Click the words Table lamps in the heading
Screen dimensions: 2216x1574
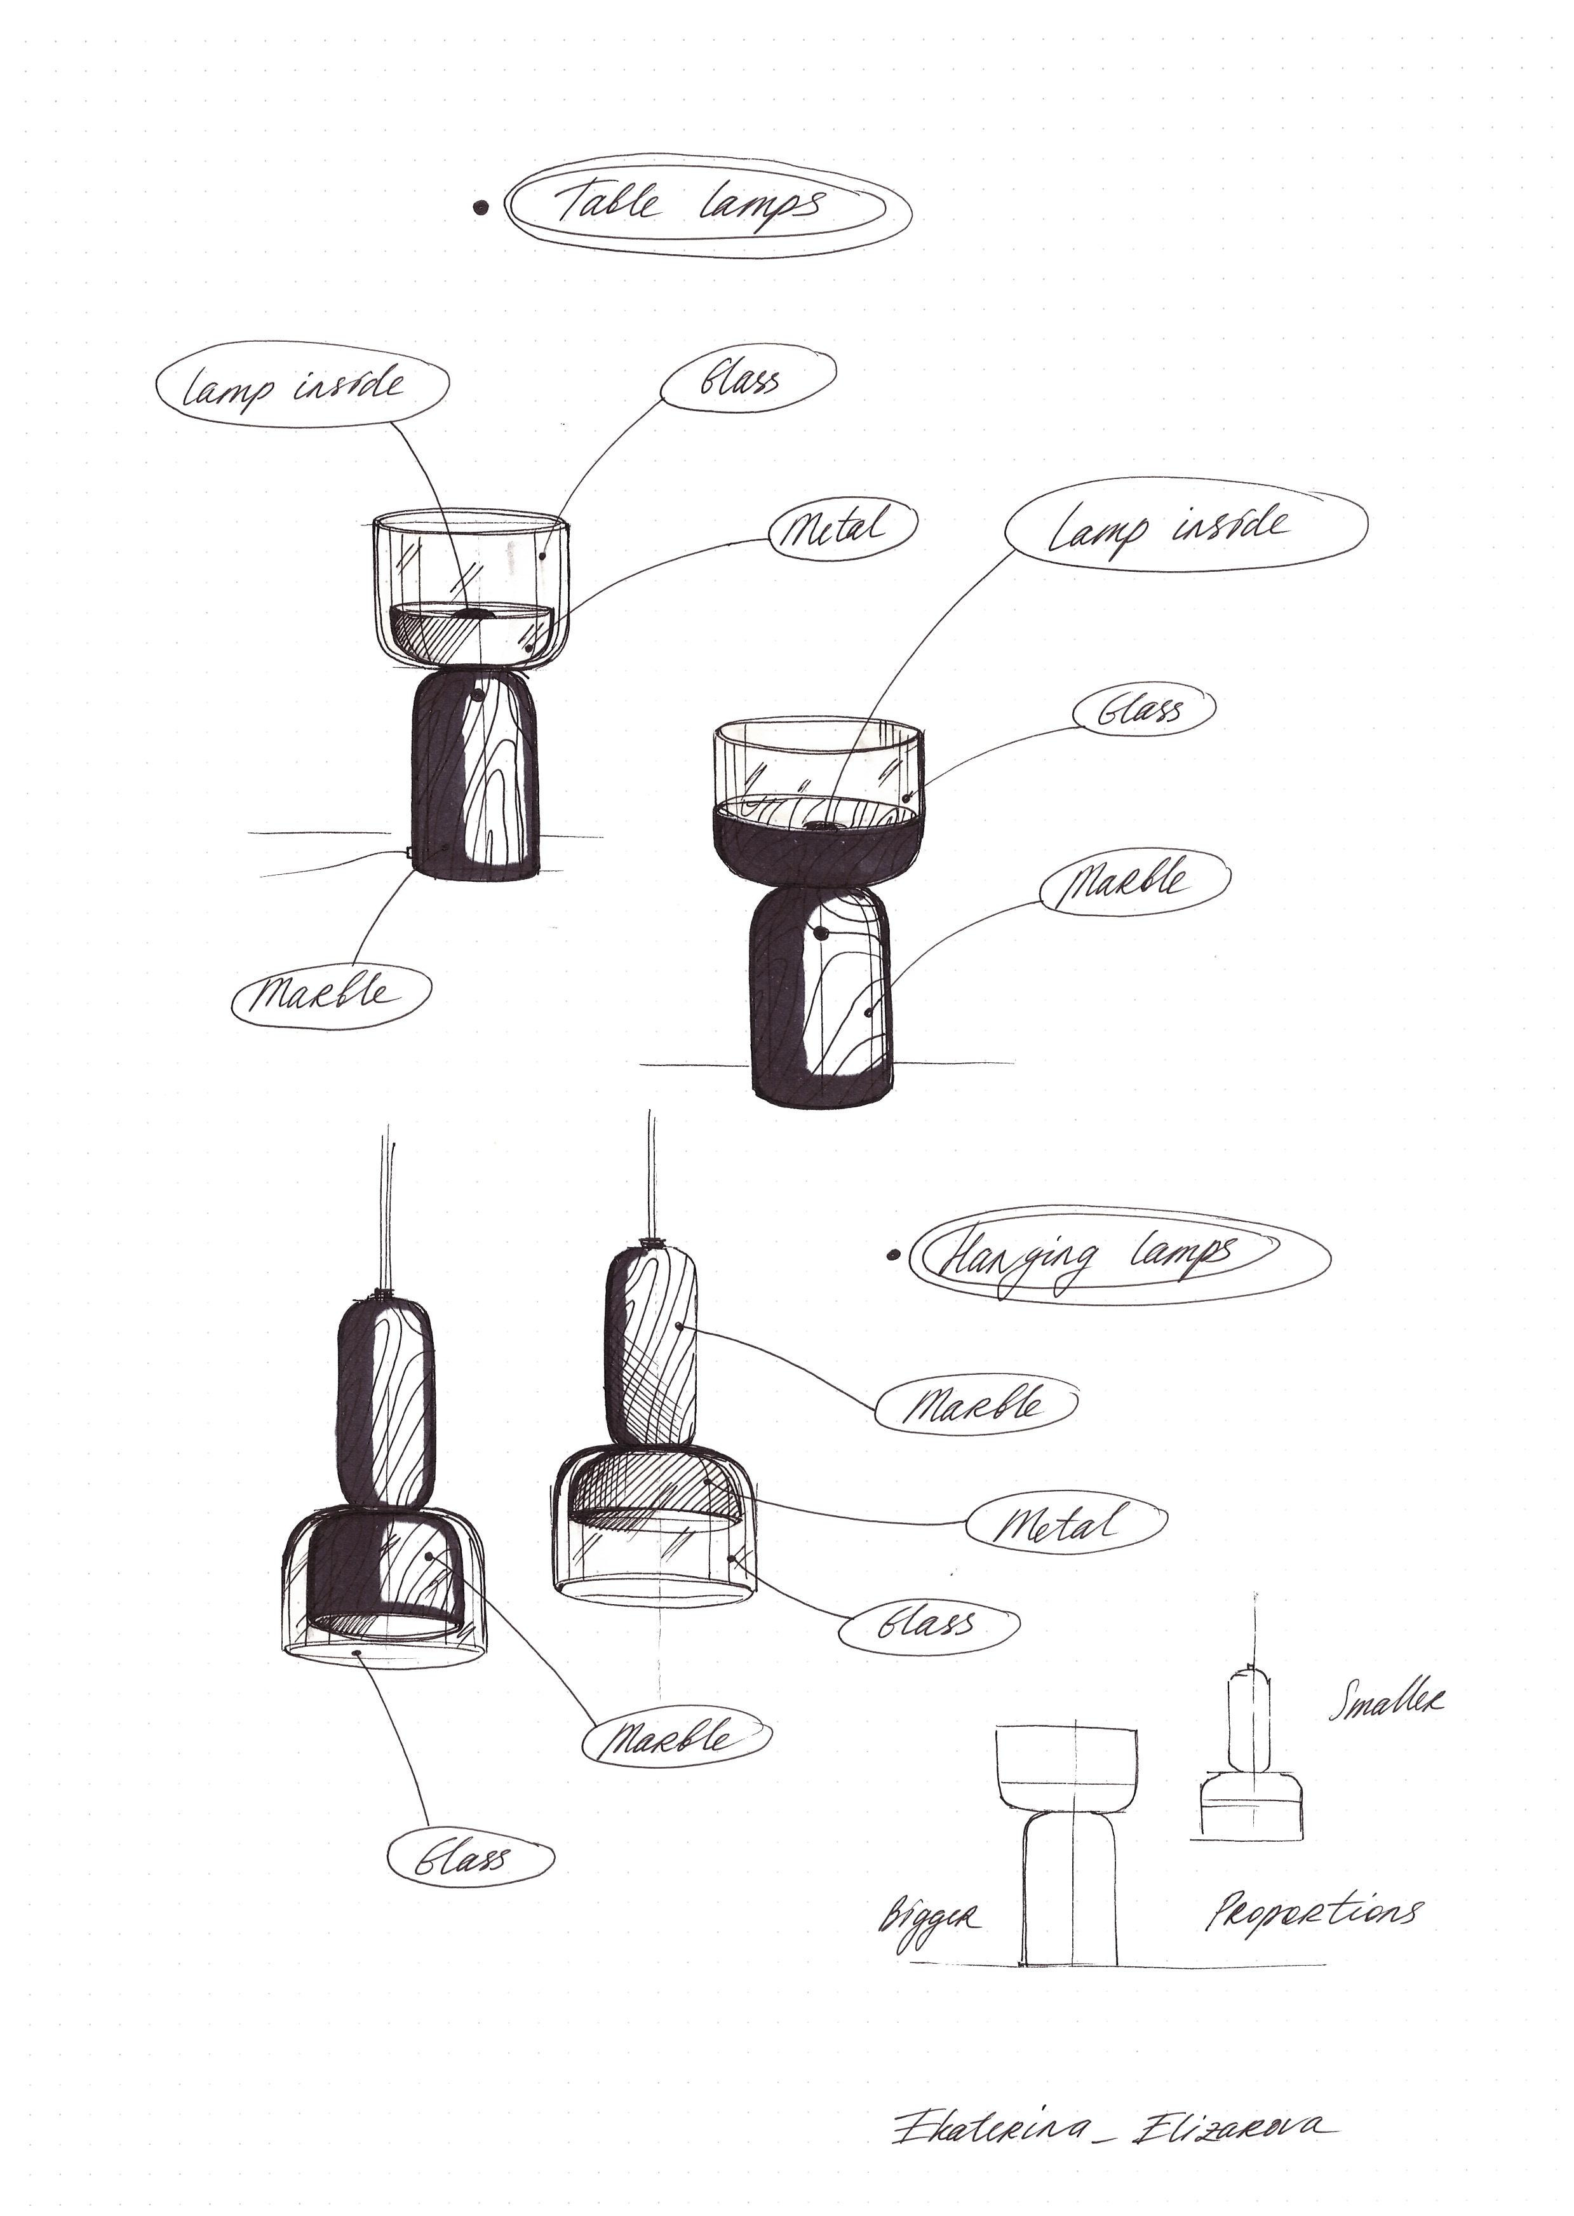click(x=690, y=205)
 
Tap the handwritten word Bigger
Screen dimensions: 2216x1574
click(x=929, y=1917)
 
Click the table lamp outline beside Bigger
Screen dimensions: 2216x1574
click(x=1070, y=1842)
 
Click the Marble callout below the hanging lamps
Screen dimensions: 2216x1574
click(x=676, y=1738)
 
